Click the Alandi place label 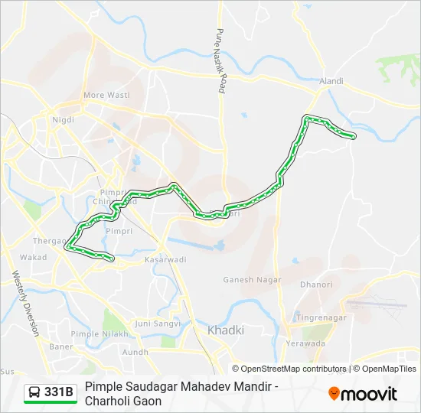(x=331, y=80)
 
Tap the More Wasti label (x=106, y=95)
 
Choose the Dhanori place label (x=316, y=285)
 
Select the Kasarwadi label (x=165, y=260)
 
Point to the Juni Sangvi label (x=157, y=323)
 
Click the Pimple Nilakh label (x=127, y=334)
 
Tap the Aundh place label (x=135, y=352)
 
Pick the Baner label (x=60, y=346)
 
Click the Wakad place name (x=34, y=257)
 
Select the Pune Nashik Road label (x=221, y=62)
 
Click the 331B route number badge (x=59, y=392)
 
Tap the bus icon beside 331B (x=34, y=392)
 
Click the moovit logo (x=363, y=393)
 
